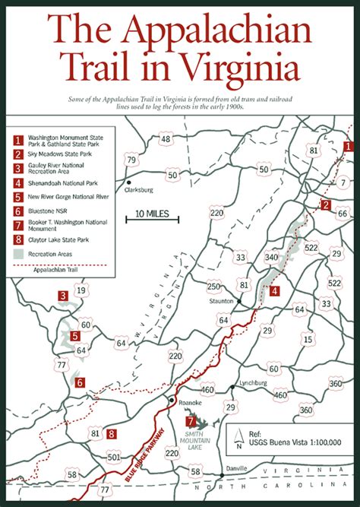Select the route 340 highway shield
point(271,256)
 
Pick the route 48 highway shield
point(166,139)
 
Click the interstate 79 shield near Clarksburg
point(132,160)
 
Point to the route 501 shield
point(114,457)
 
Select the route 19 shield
point(81,290)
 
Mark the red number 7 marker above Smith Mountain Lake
point(191,421)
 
